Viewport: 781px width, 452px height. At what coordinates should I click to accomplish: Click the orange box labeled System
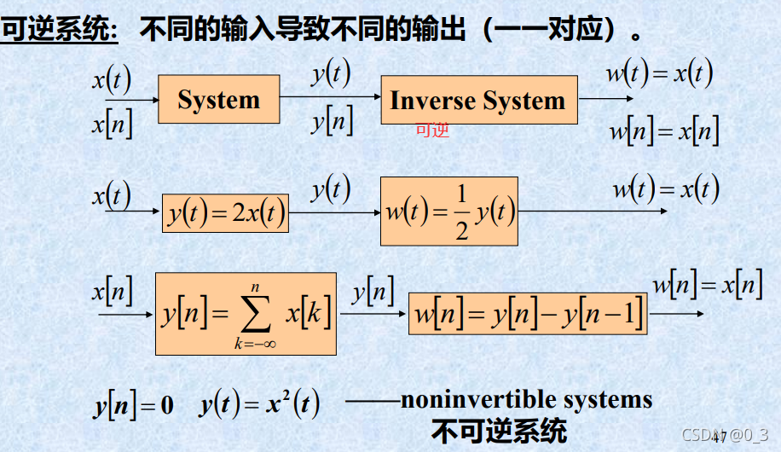218,100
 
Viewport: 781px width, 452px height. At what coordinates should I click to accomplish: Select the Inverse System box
478,101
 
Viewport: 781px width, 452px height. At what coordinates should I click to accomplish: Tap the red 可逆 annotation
431,130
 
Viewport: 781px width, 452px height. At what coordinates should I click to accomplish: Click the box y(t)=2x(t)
225,213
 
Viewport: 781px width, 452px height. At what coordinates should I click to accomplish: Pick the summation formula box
246,314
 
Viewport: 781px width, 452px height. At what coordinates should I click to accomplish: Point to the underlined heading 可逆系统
58,31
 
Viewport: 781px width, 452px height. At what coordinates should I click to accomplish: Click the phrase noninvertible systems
526,399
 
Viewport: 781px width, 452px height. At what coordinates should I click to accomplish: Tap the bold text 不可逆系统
499,429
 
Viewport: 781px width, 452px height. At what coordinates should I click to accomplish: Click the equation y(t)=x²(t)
259,404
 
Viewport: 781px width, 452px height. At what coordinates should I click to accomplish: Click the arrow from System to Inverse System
330,97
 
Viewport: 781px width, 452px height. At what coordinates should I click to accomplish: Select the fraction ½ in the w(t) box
460,213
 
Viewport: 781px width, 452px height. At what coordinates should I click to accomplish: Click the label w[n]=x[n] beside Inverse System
663,132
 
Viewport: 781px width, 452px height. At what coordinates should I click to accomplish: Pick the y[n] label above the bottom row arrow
373,293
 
